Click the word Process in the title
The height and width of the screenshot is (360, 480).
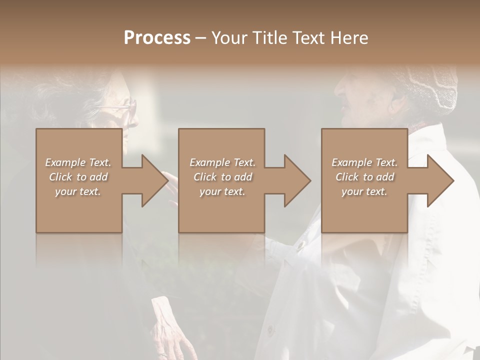(x=157, y=38)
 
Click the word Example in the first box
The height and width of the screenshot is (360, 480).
(x=65, y=162)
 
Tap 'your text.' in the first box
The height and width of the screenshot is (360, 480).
(x=78, y=191)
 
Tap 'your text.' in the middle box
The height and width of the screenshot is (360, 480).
(x=222, y=191)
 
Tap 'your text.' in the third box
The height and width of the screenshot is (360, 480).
(x=364, y=191)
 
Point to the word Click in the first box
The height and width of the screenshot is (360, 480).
(x=60, y=177)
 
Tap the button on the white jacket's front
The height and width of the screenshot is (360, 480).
(x=300, y=245)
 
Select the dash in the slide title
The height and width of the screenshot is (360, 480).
(x=200, y=38)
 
